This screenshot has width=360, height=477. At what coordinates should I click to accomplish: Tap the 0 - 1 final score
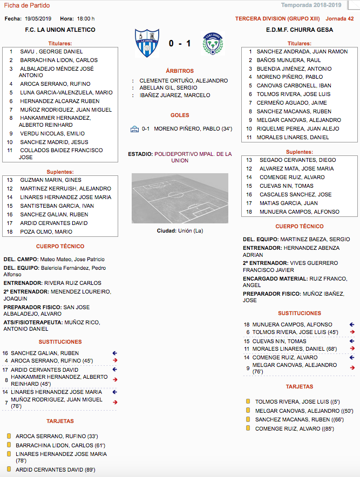click(179, 43)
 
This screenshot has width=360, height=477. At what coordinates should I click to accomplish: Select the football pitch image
click(180, 198)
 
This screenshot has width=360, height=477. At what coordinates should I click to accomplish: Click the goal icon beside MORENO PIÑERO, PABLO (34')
click(134, 129)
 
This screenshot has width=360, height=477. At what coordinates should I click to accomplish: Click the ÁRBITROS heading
click(180, 71)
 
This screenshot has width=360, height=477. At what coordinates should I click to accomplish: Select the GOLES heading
click(180, 115)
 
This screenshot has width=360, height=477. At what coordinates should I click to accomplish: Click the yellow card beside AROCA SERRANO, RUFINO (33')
click(9, 436)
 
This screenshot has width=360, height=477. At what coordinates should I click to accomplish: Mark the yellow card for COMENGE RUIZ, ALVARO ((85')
click(248, 428)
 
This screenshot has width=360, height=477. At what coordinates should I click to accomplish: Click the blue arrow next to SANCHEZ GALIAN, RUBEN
click(114, 353)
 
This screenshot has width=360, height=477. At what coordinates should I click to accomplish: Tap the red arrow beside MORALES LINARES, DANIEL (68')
click(352, 349)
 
